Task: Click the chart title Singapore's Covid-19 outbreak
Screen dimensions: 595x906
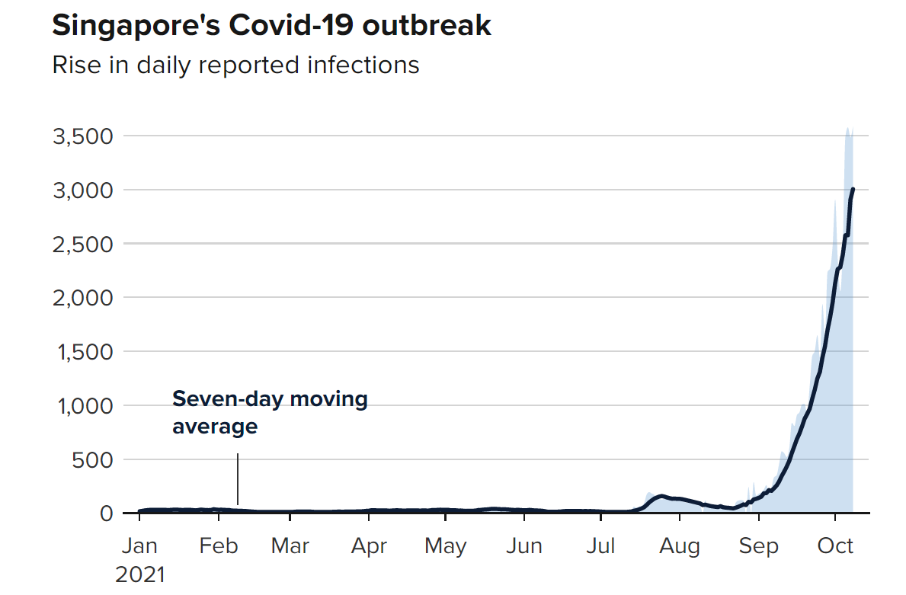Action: click(271, 26)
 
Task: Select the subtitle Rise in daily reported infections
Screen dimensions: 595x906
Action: click(235, 65)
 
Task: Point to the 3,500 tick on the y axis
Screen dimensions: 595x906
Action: click(82, 136)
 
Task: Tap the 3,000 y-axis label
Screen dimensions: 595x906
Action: click(82, 190)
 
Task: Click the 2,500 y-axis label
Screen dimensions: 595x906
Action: click(82, 244)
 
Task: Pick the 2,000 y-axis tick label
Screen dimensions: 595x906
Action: click(82, 298)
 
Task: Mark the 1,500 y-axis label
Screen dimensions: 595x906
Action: click(83, 352)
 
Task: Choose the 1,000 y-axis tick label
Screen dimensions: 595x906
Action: click(83, 406)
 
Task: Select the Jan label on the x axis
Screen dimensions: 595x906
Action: click(140, 546)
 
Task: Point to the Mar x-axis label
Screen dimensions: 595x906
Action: click(290, 546)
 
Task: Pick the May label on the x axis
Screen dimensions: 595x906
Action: click(446, 546)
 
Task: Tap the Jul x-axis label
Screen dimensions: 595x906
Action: click(601, 546)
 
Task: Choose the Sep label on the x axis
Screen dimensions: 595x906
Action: click(758, 546)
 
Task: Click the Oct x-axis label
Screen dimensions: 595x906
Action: click(836, 546)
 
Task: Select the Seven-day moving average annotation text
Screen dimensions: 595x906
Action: click(270, 412)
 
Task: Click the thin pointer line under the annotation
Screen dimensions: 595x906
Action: click(238, 478)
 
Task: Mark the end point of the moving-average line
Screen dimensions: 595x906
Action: click(853, 189)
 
